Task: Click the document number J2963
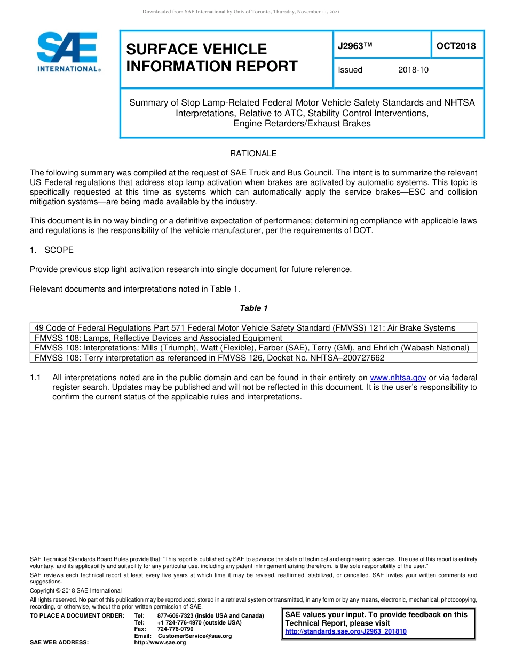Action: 354,46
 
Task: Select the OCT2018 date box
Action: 456,46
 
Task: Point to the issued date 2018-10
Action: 413,70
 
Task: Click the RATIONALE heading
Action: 253,154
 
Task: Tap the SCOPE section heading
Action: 59,250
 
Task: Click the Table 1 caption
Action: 253,308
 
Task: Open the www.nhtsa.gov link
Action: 398,378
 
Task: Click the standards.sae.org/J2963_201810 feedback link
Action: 346,631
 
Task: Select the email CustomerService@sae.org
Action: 195,636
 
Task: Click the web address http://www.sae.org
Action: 160,643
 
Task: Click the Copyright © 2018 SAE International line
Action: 76,590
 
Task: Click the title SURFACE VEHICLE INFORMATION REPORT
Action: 212,58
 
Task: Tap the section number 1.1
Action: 36,378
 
